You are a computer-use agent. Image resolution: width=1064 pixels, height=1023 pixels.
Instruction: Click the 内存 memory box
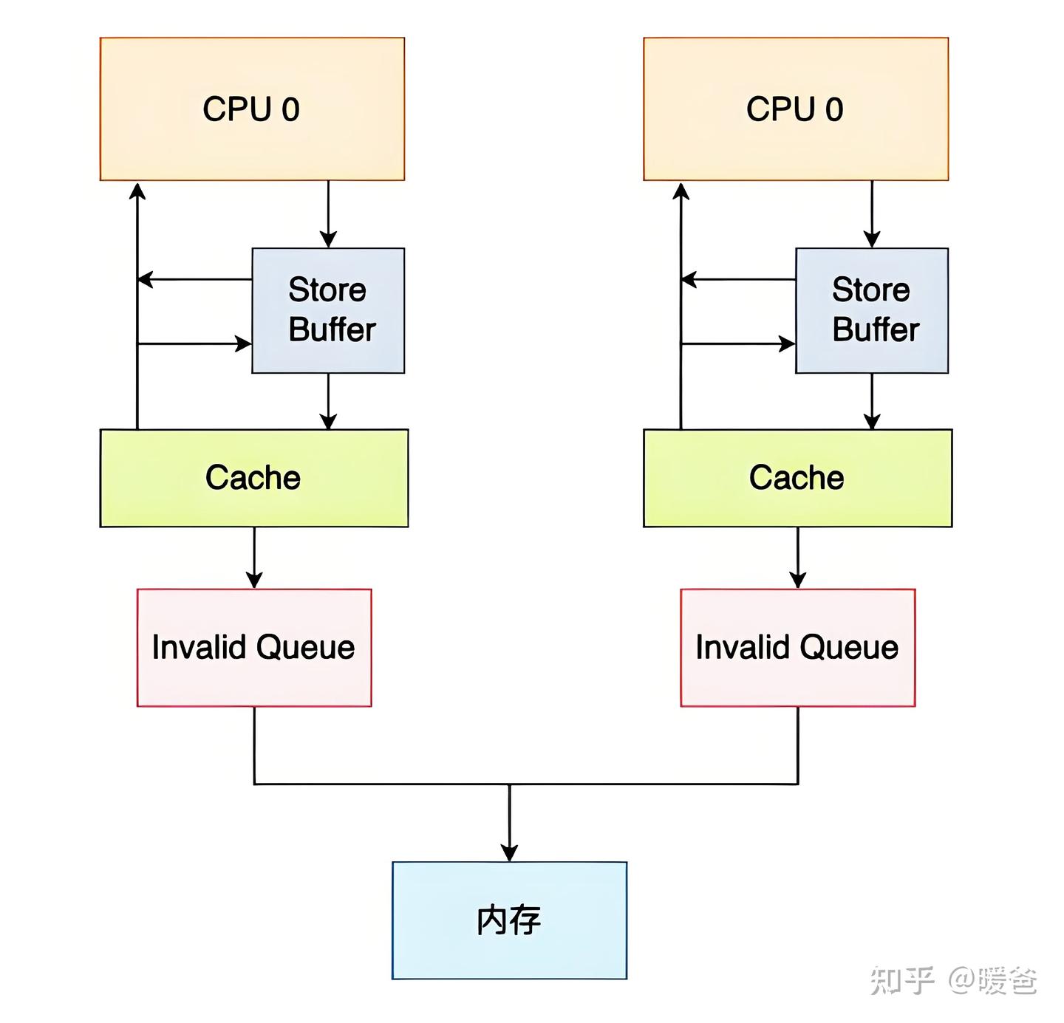(509, 920)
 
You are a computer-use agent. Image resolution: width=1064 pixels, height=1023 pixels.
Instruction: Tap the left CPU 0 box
(252, 109)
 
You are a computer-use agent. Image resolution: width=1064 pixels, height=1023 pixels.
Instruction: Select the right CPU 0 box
(796, 109)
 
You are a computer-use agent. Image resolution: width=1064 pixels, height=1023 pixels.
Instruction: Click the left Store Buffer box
(328, 310)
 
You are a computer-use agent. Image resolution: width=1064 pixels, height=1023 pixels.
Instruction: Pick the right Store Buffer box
(872, 310)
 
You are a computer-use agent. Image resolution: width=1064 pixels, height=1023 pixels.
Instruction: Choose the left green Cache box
(253, 478)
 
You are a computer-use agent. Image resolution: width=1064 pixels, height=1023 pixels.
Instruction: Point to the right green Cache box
(797, 478)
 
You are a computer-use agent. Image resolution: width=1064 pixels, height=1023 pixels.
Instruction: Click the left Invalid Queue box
(253, 647)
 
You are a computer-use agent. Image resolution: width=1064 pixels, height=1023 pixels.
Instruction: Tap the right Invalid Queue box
(797, 647)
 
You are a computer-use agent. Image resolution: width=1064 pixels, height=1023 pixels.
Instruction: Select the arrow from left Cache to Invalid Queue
(254, 558)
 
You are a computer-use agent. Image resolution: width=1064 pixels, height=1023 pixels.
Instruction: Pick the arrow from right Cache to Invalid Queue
(798, 558)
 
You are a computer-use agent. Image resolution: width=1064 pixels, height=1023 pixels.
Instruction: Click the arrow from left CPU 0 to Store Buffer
(328, 214)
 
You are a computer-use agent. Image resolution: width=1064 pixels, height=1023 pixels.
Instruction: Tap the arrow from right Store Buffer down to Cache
(872, 401)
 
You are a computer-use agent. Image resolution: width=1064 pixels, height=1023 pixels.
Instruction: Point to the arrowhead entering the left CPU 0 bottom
(137, 192)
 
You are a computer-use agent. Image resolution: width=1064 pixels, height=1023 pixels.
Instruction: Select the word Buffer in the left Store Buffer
(332, 329)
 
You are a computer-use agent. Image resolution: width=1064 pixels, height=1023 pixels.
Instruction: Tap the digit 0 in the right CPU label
(833, 109)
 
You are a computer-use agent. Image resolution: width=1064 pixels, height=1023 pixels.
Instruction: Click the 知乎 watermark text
(902, 980)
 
